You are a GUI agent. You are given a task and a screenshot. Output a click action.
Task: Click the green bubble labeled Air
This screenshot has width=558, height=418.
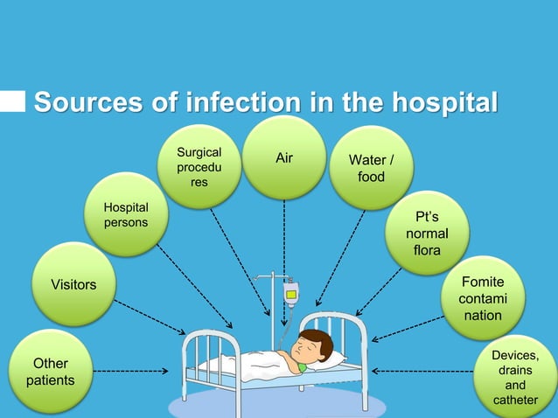coord(283,158)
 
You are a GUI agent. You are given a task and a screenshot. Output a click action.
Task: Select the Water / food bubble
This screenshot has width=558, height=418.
coord(371,169)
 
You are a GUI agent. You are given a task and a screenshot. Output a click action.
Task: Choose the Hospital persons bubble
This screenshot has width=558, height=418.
coord(126,215)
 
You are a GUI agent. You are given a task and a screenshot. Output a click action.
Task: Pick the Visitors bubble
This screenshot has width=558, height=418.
coord(73,285)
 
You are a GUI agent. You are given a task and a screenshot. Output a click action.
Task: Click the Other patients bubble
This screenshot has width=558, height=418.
coord(50,372)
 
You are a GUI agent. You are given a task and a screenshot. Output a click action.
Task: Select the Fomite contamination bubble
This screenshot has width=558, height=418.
coord(483,298)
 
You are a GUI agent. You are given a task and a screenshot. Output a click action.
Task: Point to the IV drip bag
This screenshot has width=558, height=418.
coord(291,294)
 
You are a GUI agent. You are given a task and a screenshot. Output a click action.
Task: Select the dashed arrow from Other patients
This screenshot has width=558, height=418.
coord(131,372)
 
